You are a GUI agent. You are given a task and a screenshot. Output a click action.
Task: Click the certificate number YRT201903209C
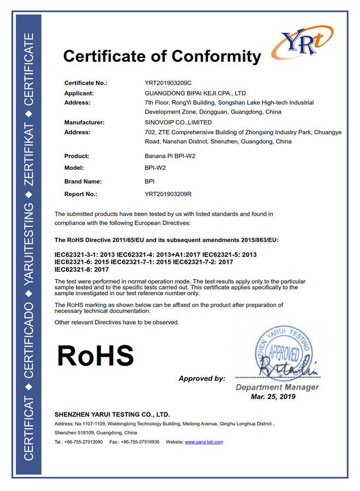(x=169, y=83)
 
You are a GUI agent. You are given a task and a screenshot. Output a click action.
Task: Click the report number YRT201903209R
(x=169, y=194)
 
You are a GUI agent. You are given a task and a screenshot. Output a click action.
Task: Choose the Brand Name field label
(x=83, y=182)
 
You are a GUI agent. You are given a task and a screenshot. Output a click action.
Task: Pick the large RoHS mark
(x=95, y=356)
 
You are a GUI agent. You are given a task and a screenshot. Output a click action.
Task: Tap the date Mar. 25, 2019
(x=273, y=397)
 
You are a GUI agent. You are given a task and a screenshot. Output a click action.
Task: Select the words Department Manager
(x=277, y=387)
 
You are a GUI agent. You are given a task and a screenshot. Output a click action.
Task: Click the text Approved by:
(x=202, y=378)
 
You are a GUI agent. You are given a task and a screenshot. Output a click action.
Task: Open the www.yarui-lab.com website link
(x=204, y=442)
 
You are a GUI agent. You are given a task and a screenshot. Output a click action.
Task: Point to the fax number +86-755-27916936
(x=140, y=442)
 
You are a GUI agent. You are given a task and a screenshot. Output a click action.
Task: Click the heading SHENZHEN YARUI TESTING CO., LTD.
(x=112, y=414)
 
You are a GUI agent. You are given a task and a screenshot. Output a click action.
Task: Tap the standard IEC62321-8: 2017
(x=82, y=270)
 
